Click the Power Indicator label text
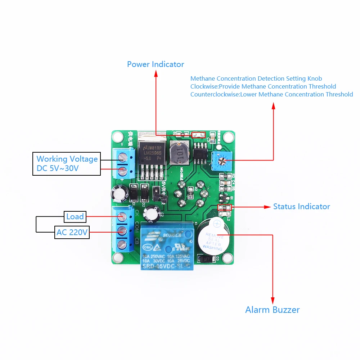tap(156, 64)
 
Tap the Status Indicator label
tap(301, 207)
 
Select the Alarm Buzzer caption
tap(272, 310)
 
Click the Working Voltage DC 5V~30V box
tap(67, 164)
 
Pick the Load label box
tap(75, 217)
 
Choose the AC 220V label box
tap(72, 233)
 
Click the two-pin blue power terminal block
tap(123, 163)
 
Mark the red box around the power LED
tap(198, 135)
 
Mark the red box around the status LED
tap(225, 208)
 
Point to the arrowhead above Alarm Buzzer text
tap(273, 300)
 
